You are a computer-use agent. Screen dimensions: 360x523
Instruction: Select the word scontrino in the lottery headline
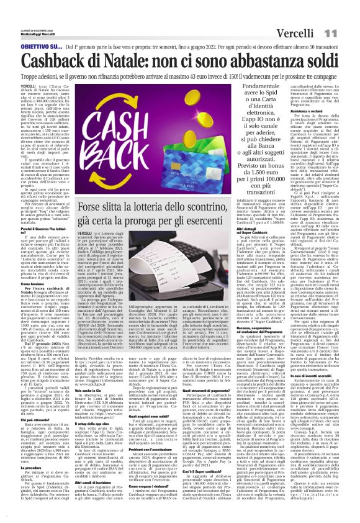point(221,207)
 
